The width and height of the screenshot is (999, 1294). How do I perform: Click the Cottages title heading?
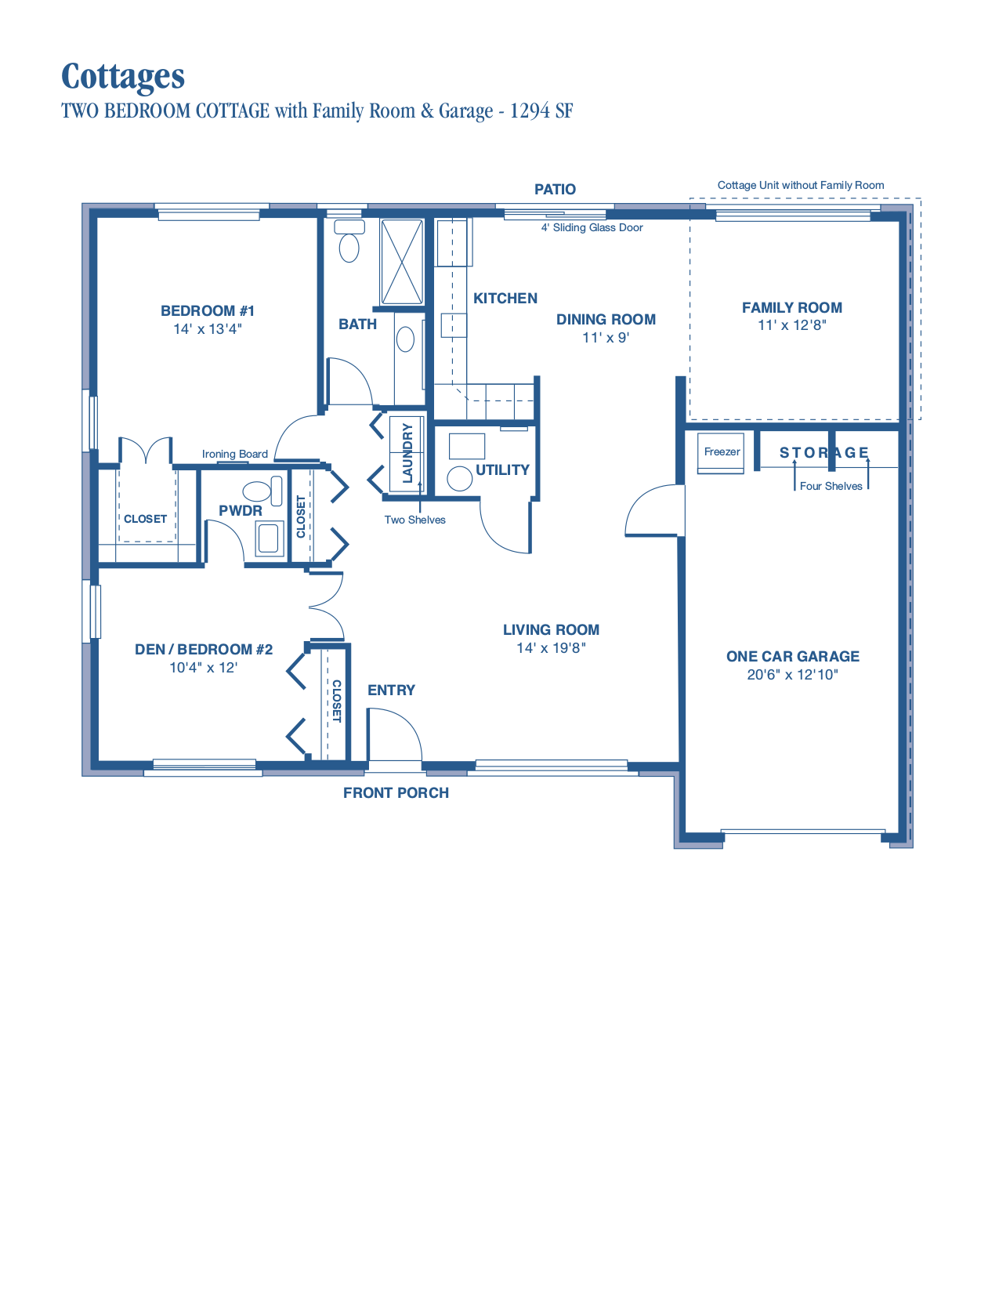[x=123, y=77]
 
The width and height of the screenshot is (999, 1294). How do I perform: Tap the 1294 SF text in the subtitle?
[x=541, y=111]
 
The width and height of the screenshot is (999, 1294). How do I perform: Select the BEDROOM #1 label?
[x=208, y=311]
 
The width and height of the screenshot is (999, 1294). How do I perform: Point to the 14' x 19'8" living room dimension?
[x=551, y=648]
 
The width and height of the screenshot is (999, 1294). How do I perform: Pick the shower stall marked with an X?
[x=402, y=262]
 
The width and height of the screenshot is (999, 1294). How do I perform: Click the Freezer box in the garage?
[x=721, y=453]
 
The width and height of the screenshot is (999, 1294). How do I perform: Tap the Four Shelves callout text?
[x=831, y=486]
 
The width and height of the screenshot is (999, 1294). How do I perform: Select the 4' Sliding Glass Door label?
[x=592, y=228]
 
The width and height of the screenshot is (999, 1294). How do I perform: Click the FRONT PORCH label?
[x=396, y=793]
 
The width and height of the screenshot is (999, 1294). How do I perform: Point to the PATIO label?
[x=555, y=190]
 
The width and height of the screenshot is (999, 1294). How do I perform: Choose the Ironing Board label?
[x=234, y=454]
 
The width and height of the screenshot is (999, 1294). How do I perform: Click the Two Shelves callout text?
[x=414, y=520]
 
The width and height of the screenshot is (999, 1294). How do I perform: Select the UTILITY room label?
[x=502, y=470]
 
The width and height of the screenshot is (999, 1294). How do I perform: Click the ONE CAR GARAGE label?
[x=792, y=657]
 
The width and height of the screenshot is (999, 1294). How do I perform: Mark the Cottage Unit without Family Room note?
[x=800, y=186]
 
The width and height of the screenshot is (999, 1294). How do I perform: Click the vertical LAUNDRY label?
[x=407, y=453]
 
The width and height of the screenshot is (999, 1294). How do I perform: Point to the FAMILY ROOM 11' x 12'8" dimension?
[x=791, y=325]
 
